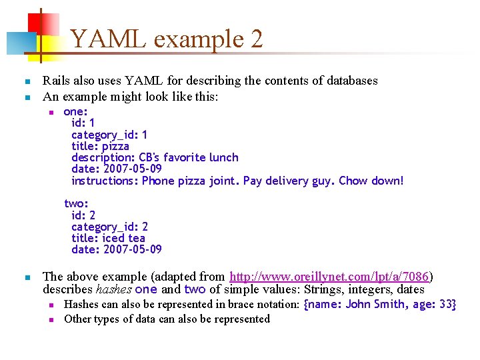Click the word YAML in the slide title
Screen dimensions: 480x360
(109, 39)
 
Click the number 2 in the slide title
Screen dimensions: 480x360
(256, 39)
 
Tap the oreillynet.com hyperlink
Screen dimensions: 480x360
(329, 276)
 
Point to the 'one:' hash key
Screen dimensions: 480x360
(75, 112)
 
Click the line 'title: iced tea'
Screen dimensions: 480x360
(108, 238)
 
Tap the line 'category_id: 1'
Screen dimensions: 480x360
(109, 135)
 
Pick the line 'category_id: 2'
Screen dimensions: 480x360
(109, 227)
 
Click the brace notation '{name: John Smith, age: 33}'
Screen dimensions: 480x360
(379, 305)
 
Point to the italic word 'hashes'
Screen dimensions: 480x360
(113, 289)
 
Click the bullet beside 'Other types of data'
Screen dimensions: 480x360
(50, 319)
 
